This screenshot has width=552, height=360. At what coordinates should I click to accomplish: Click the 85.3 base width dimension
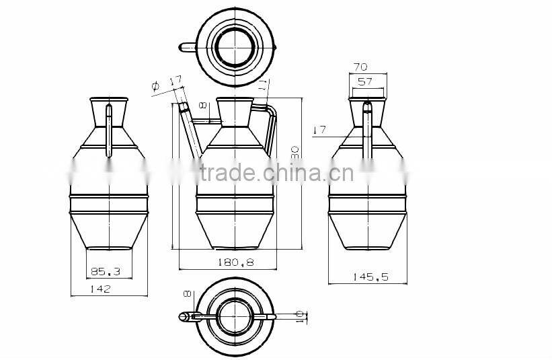(106, 272)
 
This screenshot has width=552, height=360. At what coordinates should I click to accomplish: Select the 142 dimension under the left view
(100, 289)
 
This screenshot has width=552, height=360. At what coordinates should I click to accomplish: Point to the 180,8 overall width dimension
(235, 262)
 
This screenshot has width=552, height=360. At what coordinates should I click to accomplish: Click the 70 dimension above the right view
(360, 67)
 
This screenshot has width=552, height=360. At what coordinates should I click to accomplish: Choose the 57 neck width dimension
(366, 81)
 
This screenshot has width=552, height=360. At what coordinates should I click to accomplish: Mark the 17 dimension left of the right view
(319, 129)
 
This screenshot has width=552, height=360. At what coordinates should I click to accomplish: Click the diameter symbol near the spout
(155, 85)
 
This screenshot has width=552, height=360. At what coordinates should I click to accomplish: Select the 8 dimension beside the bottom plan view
(188, 294)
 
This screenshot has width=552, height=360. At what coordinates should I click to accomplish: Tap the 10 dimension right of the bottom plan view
(301, 315)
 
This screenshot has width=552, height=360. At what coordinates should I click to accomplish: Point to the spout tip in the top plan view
(182, 47)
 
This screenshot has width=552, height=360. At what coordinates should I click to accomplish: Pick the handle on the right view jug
(367, 131)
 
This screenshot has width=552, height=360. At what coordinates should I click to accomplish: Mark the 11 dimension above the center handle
(263, 85)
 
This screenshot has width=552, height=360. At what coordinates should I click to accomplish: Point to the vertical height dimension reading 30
(294, 153)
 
